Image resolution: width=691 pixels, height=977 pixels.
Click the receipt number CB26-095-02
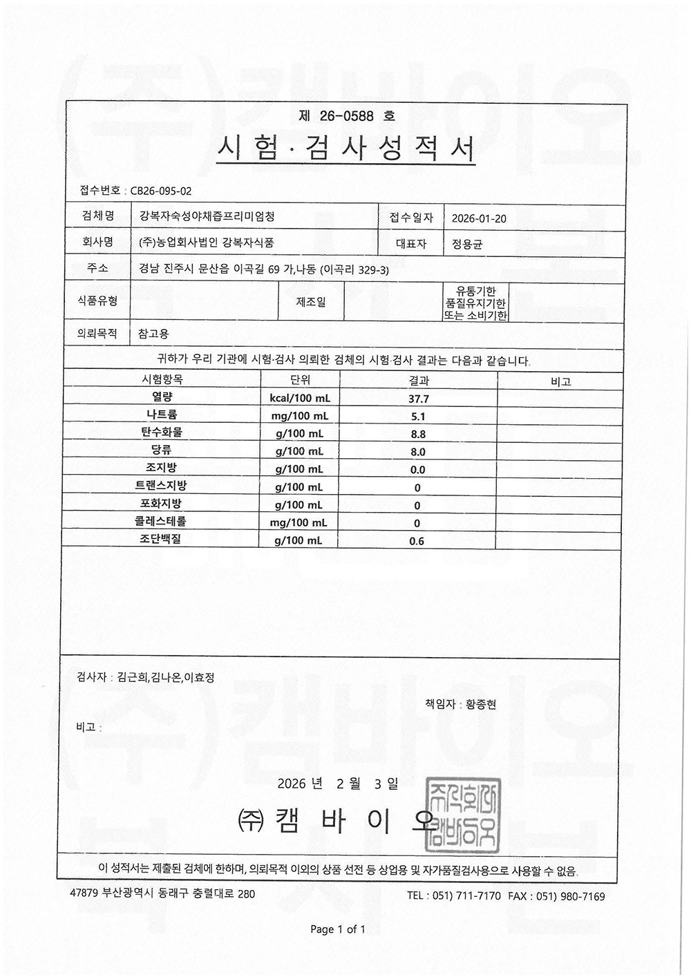point(161,191)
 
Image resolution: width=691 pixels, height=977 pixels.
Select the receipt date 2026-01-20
point(479,218)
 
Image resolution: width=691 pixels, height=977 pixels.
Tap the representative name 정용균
point(467,244)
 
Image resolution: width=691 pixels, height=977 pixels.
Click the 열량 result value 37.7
point(418,399)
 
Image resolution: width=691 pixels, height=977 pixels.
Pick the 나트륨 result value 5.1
point(418,417)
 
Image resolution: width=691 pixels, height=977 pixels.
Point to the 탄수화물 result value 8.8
point(418,435)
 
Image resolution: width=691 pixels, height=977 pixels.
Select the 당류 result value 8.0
point(418,452)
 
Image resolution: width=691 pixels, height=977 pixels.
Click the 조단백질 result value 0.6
point(417,541)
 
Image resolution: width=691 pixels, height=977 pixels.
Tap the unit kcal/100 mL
point(300,399)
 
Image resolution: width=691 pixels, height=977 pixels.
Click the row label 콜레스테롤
point(160,522)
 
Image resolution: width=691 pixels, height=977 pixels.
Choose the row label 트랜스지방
point(161,486)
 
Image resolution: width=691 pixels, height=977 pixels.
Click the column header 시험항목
point(162,380)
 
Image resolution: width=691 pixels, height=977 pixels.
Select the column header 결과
point(419,381)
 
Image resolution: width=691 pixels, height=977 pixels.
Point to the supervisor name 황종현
point(481,705)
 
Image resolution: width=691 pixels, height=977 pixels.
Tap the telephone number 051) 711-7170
point(466,896)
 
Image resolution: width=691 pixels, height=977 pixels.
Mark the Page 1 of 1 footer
point(338,929)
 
